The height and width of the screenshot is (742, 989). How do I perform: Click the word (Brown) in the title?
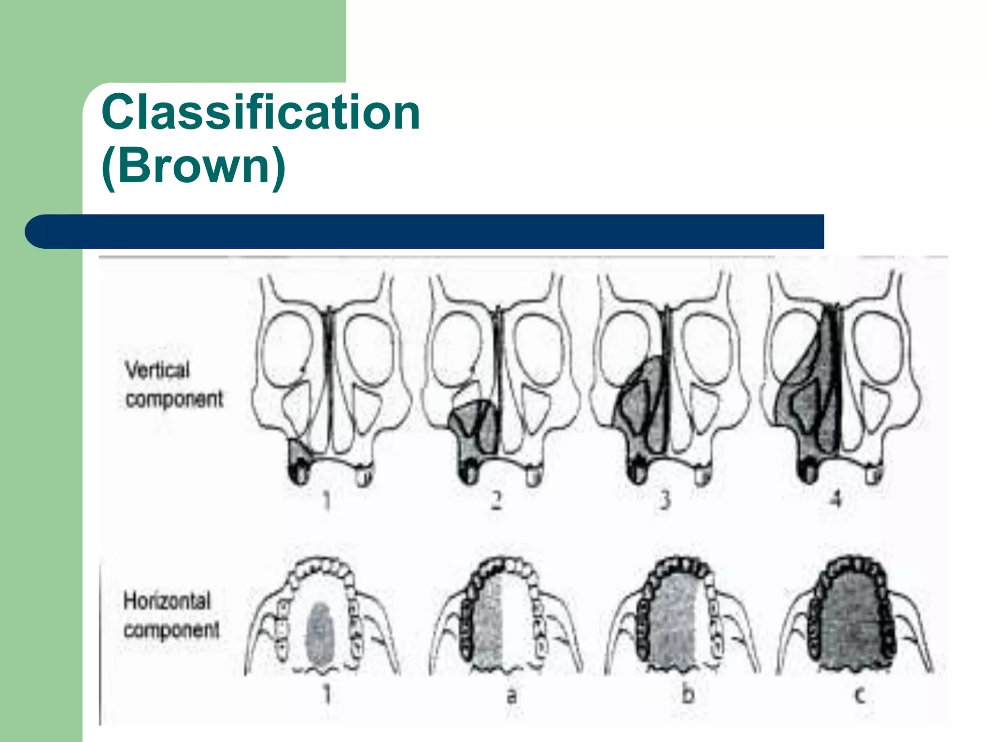[194, 166]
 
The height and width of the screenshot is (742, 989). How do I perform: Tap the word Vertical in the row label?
[157, 371]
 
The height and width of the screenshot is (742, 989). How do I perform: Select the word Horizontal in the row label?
[167, 601]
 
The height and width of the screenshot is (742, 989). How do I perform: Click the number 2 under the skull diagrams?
[496, 500]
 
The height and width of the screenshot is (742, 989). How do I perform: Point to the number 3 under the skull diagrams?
[665, 500]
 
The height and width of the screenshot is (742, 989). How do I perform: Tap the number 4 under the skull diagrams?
[836, 499]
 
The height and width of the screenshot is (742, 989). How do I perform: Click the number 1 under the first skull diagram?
[327, 500]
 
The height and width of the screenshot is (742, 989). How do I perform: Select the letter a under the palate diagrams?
[511, 696]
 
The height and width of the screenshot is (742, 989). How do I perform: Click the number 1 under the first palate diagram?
[327, 695]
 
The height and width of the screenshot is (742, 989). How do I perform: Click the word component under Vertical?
[174, 400]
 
